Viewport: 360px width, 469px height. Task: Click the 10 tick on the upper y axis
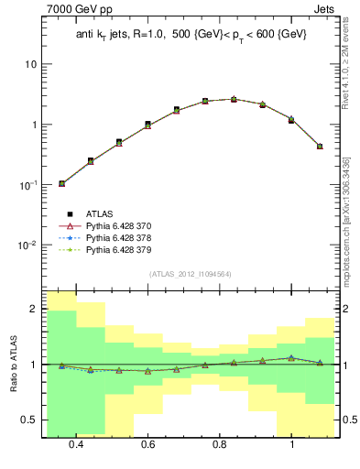[31, 65]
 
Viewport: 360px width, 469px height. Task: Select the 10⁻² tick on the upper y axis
[27, 245]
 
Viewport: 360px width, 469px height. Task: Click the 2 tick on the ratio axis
[33, 310]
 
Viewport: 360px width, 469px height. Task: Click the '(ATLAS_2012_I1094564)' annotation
[191, 274]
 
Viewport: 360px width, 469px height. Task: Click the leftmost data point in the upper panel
[61, 183]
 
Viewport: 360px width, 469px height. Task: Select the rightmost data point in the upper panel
[320, 146]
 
